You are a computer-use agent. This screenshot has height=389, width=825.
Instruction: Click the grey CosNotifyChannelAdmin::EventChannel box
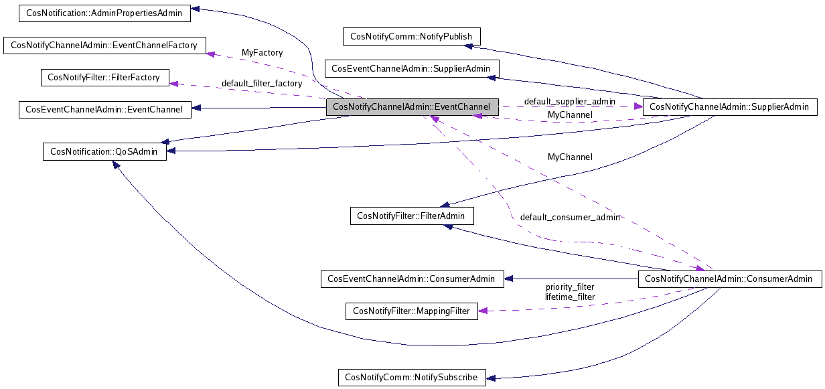click(x=412, y=107)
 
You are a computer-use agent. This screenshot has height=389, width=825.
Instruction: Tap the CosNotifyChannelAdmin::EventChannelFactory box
click(x=104, y=46)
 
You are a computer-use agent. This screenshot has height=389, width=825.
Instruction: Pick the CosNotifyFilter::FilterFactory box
click(x=104, y=78)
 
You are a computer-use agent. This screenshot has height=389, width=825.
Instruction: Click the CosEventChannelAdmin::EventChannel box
click(x=104, y=109)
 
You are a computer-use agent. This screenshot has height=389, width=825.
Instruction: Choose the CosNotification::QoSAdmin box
click(x=104, y=151)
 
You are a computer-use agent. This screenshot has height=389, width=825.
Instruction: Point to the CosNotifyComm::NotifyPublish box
click(x=411, y=37)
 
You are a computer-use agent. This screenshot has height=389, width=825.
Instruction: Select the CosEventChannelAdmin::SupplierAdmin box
click(x=411, y=68)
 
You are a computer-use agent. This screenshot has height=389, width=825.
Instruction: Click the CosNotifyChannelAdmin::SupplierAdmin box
click(x=729, y=106)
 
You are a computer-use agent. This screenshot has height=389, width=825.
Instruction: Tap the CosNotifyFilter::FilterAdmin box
click(x=412, y=216)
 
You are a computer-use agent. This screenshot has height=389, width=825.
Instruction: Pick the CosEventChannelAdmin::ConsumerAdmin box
click(x=412, y=279)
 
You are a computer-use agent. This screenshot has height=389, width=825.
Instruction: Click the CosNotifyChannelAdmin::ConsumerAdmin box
click(x=729, y=279)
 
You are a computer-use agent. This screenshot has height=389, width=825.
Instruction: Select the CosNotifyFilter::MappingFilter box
click(x=412, y=311)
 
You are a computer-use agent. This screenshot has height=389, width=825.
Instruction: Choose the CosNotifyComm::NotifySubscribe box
click(x=411, y=378)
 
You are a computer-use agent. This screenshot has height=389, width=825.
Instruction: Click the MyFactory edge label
click(x=262, y=52)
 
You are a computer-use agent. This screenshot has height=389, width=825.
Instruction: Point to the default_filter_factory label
click(x=261, y=84)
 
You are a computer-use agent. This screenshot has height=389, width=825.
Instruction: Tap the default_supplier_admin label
click(x=569, y=101)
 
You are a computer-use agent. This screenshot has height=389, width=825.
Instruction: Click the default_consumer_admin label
click(x=569, y=217)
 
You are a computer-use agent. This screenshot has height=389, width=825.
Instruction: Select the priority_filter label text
click(x=569, y=287)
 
